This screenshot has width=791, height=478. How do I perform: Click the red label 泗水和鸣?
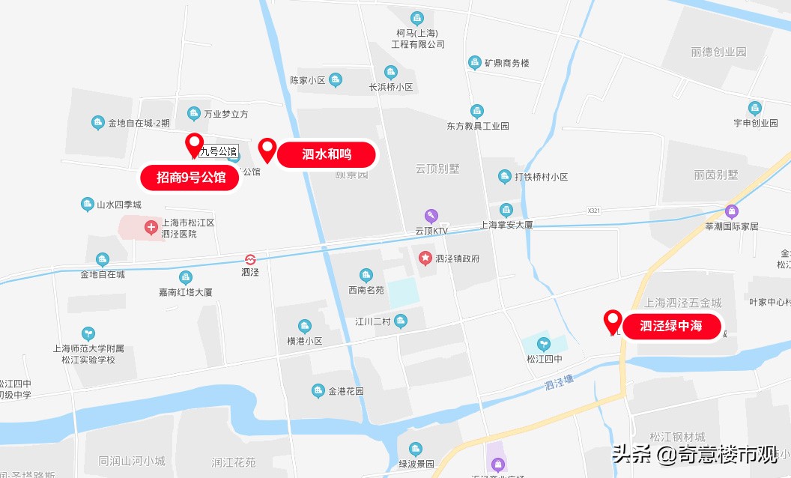tap(327, 154)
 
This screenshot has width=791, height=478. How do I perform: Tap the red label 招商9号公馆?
tap(191, 178)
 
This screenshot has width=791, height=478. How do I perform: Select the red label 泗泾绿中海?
tap(671, 326)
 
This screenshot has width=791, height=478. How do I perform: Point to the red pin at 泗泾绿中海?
tap(613, 321)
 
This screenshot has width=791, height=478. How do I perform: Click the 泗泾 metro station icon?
tap(250, 258)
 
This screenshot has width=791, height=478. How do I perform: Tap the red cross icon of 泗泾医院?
tap(151, 226)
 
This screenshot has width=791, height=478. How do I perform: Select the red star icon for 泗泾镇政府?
tap(425, 258)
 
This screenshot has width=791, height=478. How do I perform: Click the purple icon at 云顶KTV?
tap(431, 217)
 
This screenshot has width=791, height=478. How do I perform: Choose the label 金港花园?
tap(345, 391)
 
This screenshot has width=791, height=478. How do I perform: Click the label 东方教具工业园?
tap(477, 126)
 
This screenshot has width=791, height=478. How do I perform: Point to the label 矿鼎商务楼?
tap(506, 63)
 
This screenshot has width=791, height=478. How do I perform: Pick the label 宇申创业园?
tap(755, 123)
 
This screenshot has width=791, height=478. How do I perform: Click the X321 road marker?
tap(595, 211)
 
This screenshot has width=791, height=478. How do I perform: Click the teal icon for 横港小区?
tap(305, 326)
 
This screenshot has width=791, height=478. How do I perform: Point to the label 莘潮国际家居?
tap(732, 226)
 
